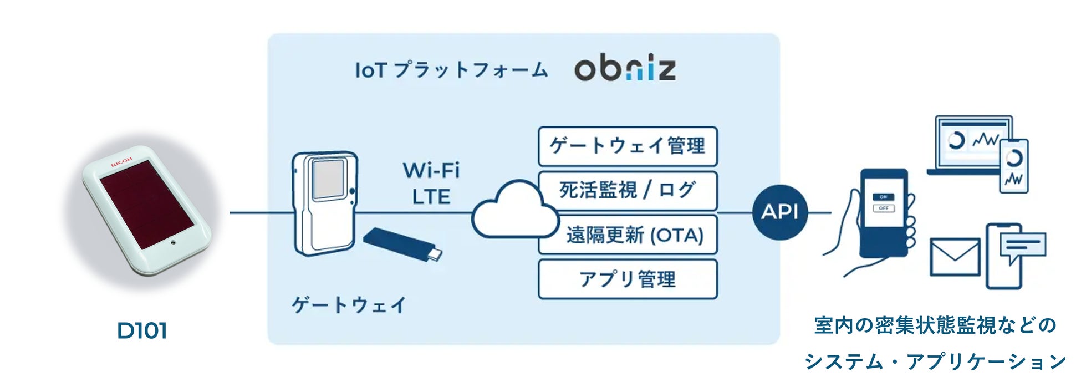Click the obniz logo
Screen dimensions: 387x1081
pos(625,69)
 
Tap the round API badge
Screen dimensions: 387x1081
pos(779,212)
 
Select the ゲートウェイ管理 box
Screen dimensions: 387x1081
pos(628,146)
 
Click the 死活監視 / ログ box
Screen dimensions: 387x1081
pos(628,190)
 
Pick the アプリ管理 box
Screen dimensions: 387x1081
pos(628,279)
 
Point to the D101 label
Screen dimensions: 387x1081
pos(142,330)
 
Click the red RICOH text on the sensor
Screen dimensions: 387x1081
pos(121,161)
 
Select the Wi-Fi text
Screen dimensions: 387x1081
pos(431,170)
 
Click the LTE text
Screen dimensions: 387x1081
pos(431,197)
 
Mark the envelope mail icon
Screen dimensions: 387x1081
pos(954,257)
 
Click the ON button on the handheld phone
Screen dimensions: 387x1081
pos(883,197)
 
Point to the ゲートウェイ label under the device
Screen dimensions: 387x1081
pos(349,305)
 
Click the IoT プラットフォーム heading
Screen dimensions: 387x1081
pos(451,70)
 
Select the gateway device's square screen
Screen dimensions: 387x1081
pos(329,179)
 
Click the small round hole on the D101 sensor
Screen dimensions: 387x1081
pos(173,242)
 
